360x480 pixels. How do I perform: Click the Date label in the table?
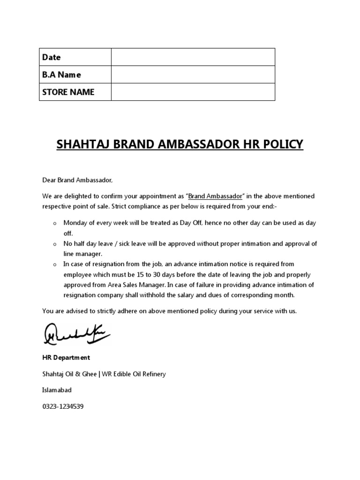pyautogui.click(x=52, y=57)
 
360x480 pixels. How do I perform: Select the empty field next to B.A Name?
pyautogui.click(x=193, y=75)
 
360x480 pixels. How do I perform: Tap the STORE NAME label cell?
pyautogui.click(x=68, y=92)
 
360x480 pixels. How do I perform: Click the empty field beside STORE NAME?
pyautogui.click(x=193, y=92)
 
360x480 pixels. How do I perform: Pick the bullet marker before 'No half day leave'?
pyautogui.click(x=54, y=244)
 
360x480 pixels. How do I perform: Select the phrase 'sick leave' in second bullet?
pyautogui.click(x=134, y=244)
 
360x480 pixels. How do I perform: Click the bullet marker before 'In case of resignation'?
pyautogui.click(x=54, y=265)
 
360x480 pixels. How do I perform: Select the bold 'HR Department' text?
pyautogui.click(x=66, y=357)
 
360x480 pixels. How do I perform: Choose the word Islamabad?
pyautogui.click(x=57, y=390)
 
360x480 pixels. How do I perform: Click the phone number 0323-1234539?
pyautogui.click(x=63, y=406)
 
